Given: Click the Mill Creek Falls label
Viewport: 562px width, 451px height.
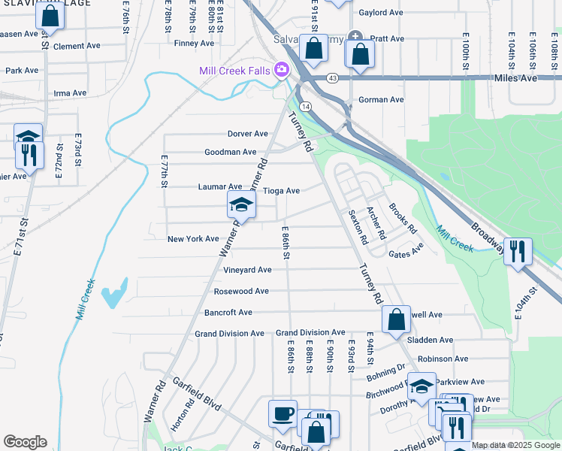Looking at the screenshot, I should [236, 71].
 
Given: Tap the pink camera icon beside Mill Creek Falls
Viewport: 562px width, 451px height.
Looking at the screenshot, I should [282, 71].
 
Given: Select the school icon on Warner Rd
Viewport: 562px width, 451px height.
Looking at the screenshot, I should [241, 204].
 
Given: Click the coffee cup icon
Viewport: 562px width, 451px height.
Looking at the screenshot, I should [283, 413].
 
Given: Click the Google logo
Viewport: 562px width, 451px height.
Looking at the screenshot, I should [25, 442].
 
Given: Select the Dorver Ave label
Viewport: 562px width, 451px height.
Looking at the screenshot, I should [248, 134].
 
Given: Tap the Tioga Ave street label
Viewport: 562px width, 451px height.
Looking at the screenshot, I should [283, 191].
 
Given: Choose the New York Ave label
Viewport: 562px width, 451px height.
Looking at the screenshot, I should [193, 239].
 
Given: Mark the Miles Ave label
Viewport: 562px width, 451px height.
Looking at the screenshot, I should [516, 78].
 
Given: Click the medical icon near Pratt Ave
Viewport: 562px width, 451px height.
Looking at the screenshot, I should [355, 36].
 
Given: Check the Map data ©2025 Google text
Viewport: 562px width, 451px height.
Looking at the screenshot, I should [515, 446].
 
